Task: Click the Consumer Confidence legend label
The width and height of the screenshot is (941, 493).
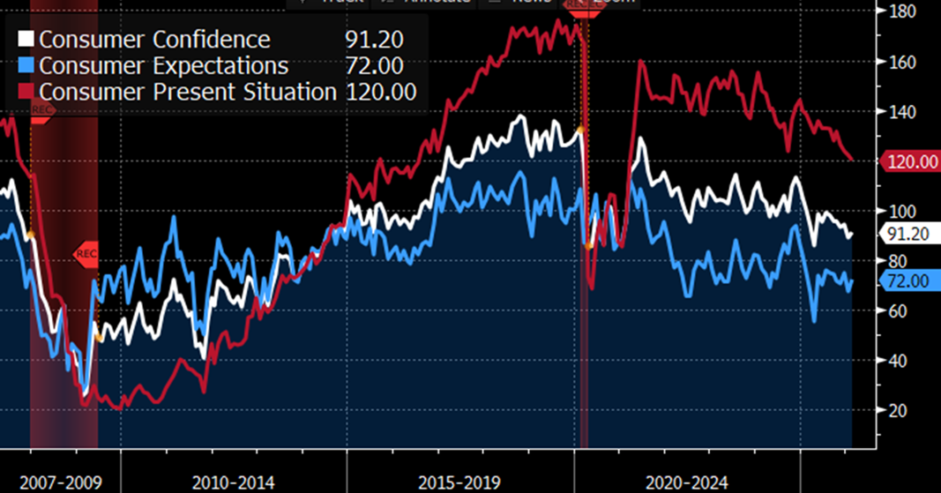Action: (x=154, y=40)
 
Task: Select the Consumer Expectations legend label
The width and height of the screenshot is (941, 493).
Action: (x=163, y=66)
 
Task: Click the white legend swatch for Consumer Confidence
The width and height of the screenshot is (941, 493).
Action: (x=26, y=40)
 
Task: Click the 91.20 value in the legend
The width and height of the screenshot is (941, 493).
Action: (x=373, y=40)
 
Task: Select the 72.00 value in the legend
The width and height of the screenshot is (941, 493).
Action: (x=373, y=66)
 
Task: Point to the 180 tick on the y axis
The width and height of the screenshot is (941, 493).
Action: (x=901, y=11)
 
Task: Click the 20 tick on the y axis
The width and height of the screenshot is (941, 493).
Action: (x=898, y=410)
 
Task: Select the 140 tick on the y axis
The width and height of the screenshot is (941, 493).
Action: (x=901, y=112)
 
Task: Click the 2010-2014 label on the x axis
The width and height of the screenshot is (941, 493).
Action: (x=233, y=483)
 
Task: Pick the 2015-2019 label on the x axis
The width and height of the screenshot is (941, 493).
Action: (x=459, y=483)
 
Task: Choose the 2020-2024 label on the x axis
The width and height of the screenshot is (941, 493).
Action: (x=687, y=483)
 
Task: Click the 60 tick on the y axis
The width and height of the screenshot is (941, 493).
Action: (x=898, y=310)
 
